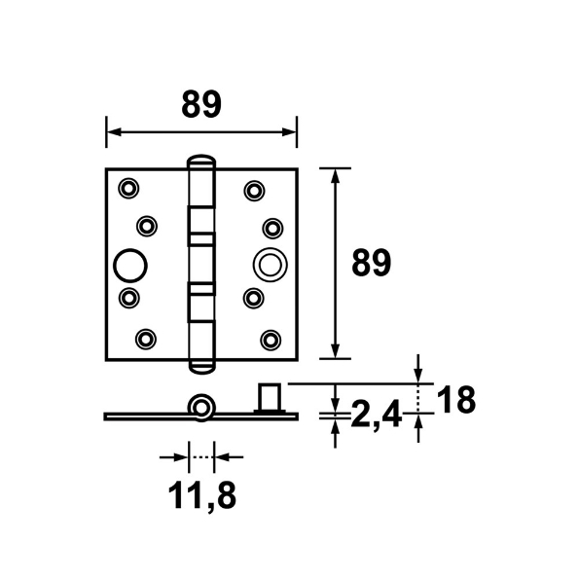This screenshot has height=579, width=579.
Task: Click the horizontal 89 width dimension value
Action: tap(200, 103)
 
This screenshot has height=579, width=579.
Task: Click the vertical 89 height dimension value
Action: tap(371, 263)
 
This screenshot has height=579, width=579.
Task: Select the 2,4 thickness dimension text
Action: tap(376, 416)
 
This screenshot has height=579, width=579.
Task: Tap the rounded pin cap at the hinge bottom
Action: tap(200, 364)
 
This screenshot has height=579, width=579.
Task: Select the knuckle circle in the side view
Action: tap(201, 405)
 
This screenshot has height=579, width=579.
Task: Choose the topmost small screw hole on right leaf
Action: tap(253, 189)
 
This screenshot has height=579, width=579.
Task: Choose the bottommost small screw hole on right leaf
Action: tap(271, 339)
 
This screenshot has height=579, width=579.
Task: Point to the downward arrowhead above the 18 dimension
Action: tap(418, 376)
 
